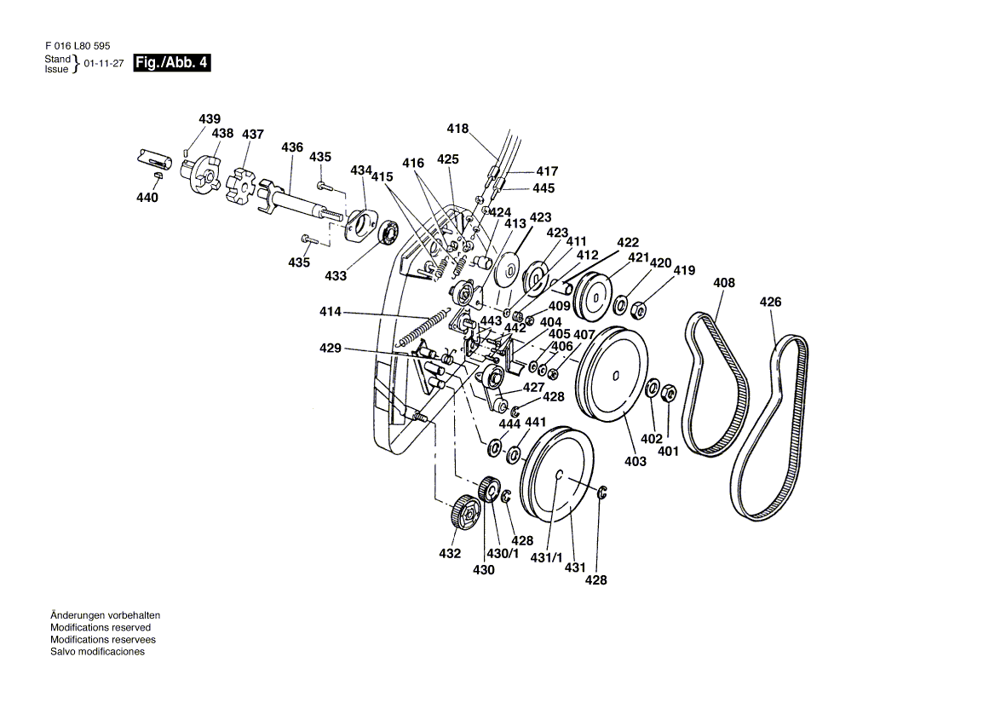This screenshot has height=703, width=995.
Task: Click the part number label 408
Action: (x=724, y=283)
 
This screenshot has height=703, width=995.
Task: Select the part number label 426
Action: (x=770, y=302)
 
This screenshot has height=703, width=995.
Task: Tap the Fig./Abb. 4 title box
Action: (x=172, y=63)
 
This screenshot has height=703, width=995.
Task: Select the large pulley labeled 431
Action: (x=558, y=476)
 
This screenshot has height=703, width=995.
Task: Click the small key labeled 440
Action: (x=157, y=175)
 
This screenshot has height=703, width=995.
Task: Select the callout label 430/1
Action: (x=503, y=553)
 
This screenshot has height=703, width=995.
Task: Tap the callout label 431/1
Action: (x=547, y=558)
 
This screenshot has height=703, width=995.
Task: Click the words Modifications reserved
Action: (x=101, y=627)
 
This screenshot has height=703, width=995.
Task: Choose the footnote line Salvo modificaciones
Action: (x=97, y=651)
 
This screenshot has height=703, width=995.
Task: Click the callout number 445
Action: (x=544, y=188)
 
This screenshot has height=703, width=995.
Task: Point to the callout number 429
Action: (x=331, y=349)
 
